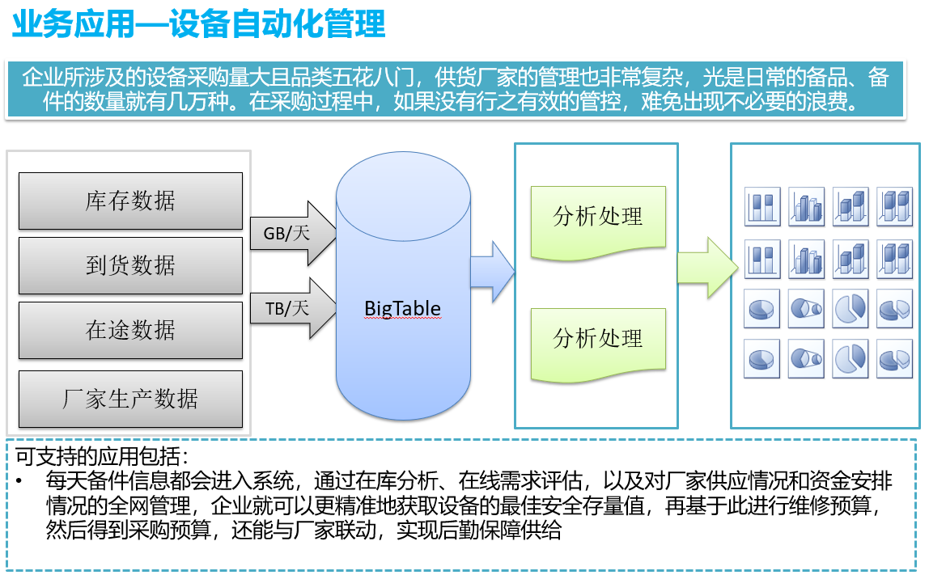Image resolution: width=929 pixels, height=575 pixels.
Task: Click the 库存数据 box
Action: (x=130, y=201)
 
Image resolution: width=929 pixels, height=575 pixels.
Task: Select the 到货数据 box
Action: (x=130, y=265)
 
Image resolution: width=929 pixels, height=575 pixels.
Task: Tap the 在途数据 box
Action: (x=130, y=330)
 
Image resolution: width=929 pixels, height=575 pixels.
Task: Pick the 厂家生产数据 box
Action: (x=130, y=399)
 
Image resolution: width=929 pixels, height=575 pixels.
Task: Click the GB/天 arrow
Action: (x=293, y=234)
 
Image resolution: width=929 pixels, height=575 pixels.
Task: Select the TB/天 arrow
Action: (x=293, y=308)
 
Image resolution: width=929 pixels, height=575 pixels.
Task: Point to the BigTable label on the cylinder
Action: (x=402, y=308)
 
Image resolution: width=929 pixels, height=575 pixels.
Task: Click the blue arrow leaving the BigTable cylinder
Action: (x=492, y=272)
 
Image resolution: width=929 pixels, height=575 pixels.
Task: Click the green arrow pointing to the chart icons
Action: (x=707, y=268)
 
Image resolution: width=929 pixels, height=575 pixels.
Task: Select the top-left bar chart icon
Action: (x=762, y=207)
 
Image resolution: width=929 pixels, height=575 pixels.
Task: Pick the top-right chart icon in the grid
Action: (x=895, y=207)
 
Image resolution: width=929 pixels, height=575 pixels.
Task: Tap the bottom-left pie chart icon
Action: (x=762, y=358)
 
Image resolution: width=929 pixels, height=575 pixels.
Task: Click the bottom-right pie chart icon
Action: (x=895, y=358)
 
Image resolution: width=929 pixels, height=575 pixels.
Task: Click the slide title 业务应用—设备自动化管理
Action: (x=199, y=23)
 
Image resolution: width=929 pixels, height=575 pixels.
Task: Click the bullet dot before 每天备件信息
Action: (x=19, y=481)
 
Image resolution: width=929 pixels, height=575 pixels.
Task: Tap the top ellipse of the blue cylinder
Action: (x=404, y=196)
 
